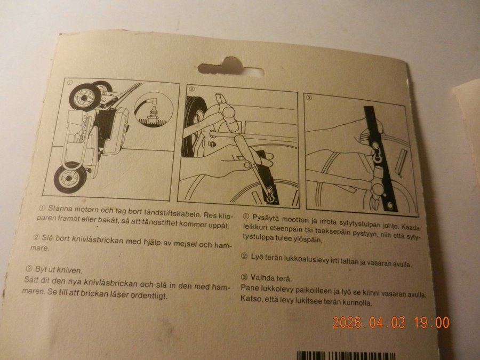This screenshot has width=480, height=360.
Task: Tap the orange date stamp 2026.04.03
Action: [x=369, y=323]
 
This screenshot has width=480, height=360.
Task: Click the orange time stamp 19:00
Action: [x=432, y=323]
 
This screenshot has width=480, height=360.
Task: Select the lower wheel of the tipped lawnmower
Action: [x=70, y=178]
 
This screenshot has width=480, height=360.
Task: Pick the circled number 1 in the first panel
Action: [x=70, y=82]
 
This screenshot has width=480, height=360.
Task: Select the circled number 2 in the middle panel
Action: [x=192, y=89]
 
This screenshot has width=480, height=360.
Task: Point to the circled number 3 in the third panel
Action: [x=309, y=98]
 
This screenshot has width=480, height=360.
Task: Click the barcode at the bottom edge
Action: [x=346, y=356]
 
